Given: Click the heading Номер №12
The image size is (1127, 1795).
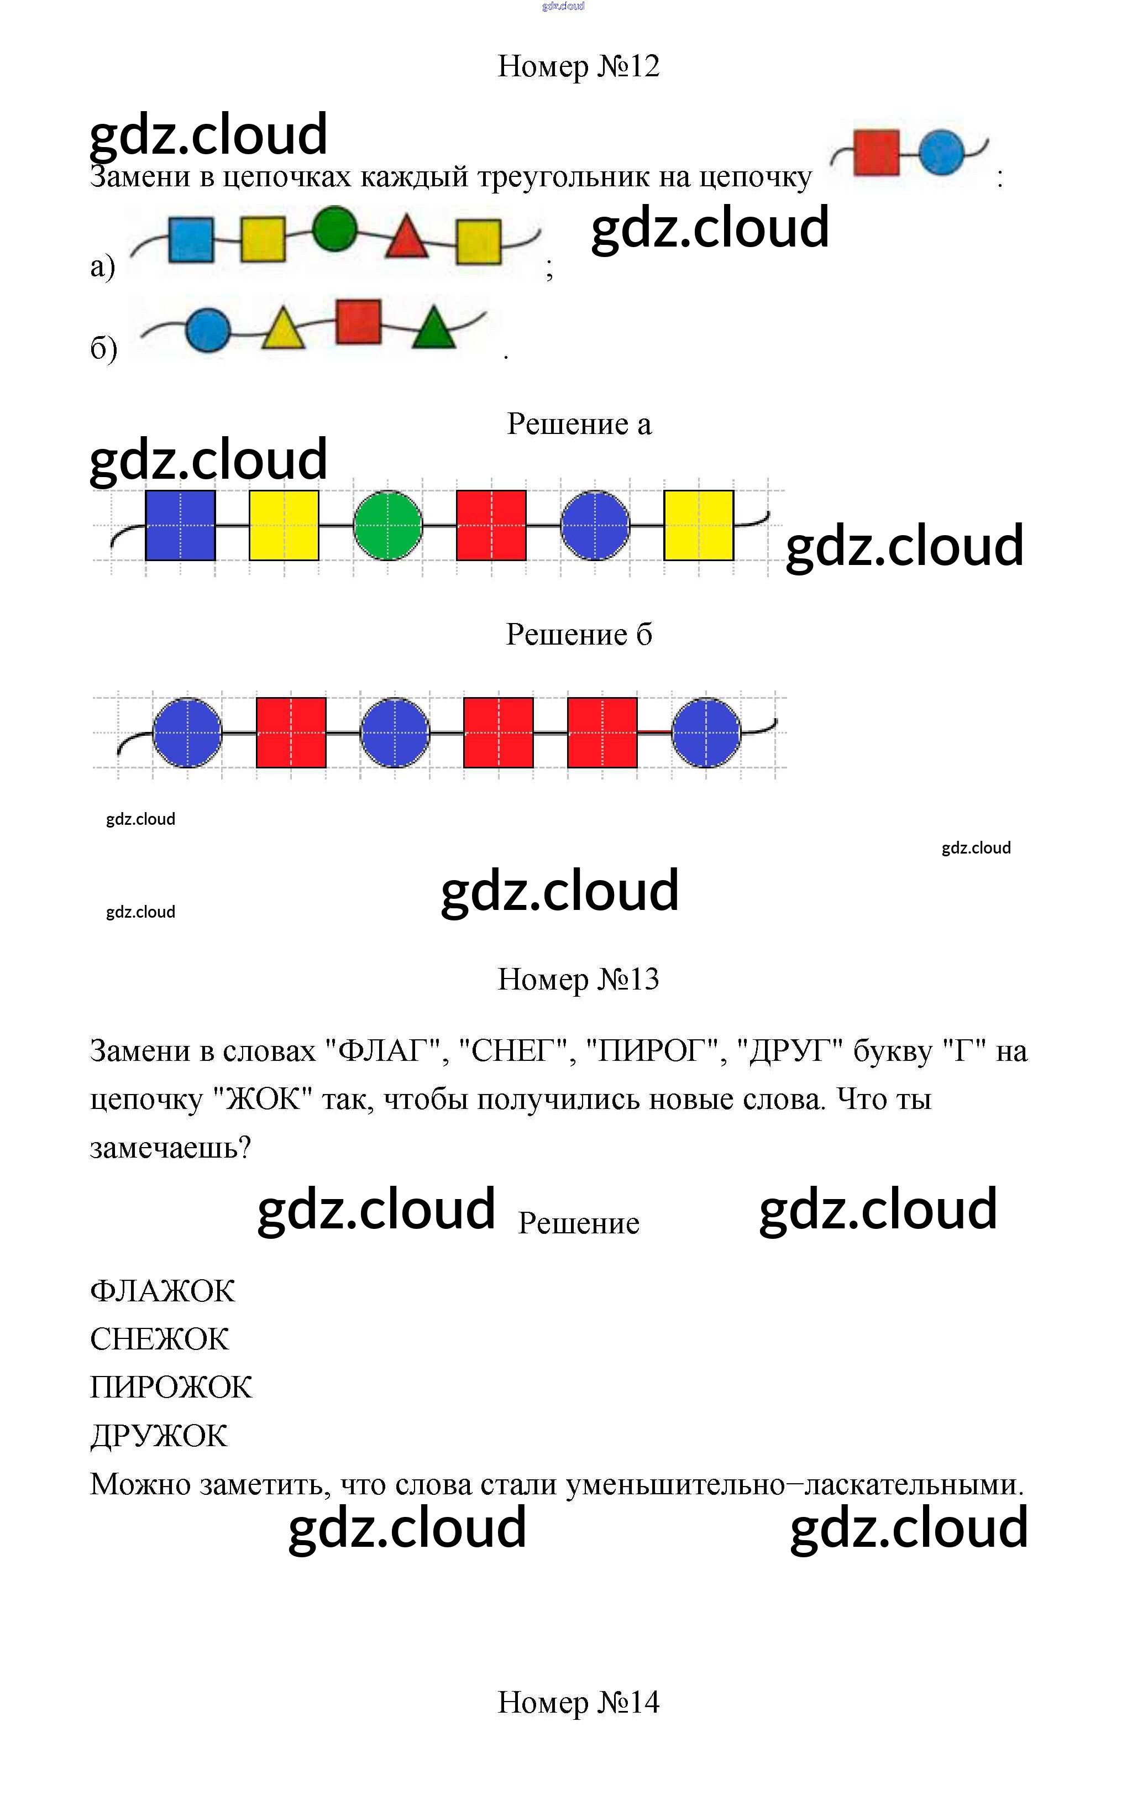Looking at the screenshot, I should [x=578, y=66].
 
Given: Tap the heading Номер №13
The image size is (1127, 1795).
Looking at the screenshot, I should [x=578, y=978].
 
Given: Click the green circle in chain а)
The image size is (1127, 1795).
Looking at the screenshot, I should [x=334, y=228].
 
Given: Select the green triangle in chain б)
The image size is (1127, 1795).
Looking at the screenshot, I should [x=434, y=329].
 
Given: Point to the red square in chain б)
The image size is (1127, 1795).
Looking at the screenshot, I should [x=359, y=321].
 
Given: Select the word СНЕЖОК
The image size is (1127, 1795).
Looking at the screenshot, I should [x=160, y=1339].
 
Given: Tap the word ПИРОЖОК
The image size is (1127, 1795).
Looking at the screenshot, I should [x=171, y=1387].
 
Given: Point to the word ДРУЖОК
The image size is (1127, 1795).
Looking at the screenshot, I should [x=159, y=1436].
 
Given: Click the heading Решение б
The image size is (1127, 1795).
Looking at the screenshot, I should [x=578, y=635].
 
